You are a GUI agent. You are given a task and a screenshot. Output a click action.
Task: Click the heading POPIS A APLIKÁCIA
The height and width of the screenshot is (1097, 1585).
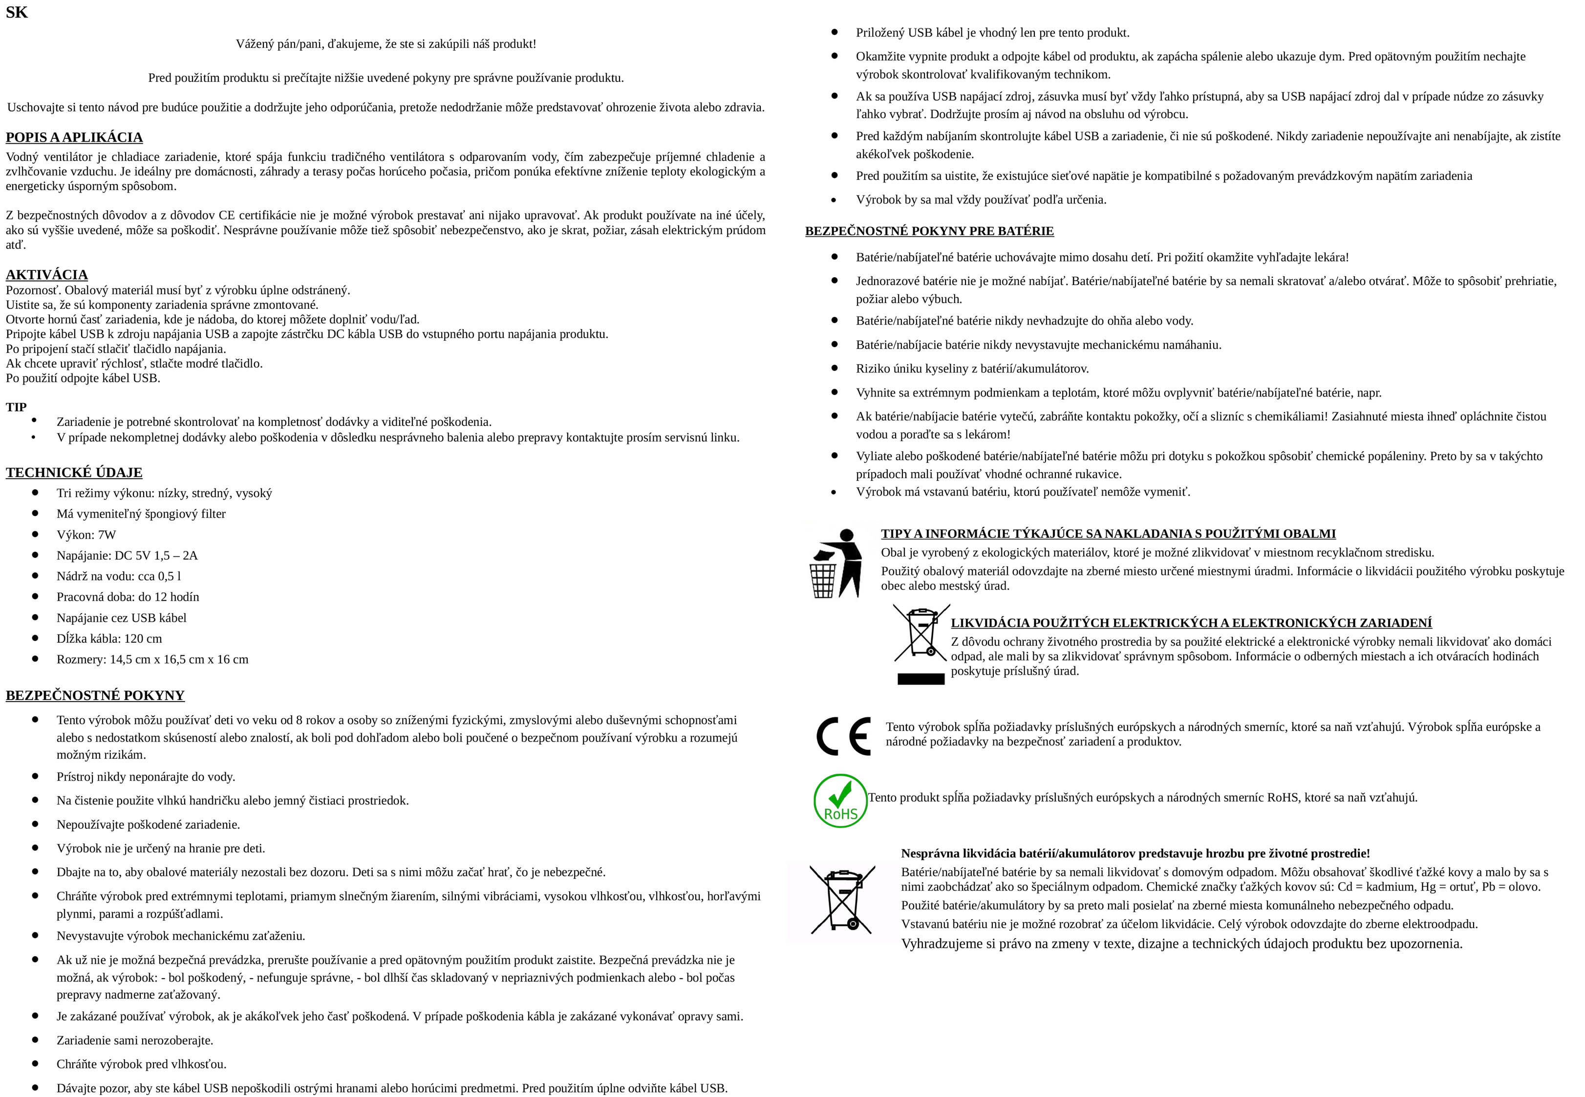point(74,137)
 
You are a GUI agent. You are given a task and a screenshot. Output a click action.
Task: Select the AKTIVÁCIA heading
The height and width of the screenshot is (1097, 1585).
point(47,275)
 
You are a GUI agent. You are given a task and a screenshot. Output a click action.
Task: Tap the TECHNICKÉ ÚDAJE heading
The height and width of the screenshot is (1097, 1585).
point(74,472)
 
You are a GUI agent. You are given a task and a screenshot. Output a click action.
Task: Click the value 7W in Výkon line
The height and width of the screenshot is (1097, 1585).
point(107,535)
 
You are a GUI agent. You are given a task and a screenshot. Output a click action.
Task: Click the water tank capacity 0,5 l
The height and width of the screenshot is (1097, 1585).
point(169,576)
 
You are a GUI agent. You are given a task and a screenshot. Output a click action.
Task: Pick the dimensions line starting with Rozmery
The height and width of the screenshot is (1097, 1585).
point(152,659)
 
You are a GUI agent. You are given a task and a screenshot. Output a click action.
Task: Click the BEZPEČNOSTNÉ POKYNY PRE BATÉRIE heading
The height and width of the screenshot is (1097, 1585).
point(929,231)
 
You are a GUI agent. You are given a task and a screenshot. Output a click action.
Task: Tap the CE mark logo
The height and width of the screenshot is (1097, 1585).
point(843,735)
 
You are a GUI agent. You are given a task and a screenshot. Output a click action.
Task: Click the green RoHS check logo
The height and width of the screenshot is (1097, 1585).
point(839,800)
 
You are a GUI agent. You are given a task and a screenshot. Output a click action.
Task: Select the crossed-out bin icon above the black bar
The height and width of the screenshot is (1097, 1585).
point(921,633)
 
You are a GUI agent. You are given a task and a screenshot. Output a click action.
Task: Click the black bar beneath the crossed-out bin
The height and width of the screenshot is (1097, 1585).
point(921,679)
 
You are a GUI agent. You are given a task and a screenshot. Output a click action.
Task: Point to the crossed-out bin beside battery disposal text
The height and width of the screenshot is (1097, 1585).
point(842,899)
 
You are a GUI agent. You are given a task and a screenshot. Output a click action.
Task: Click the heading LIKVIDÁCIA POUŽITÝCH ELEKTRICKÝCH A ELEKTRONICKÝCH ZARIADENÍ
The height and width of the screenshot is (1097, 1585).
point(1191,623)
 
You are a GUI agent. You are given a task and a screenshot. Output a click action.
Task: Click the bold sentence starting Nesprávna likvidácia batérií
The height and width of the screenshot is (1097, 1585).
point(1135,854)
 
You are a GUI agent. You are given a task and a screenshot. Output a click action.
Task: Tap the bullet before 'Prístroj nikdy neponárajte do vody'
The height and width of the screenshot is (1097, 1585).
point(35,776)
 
